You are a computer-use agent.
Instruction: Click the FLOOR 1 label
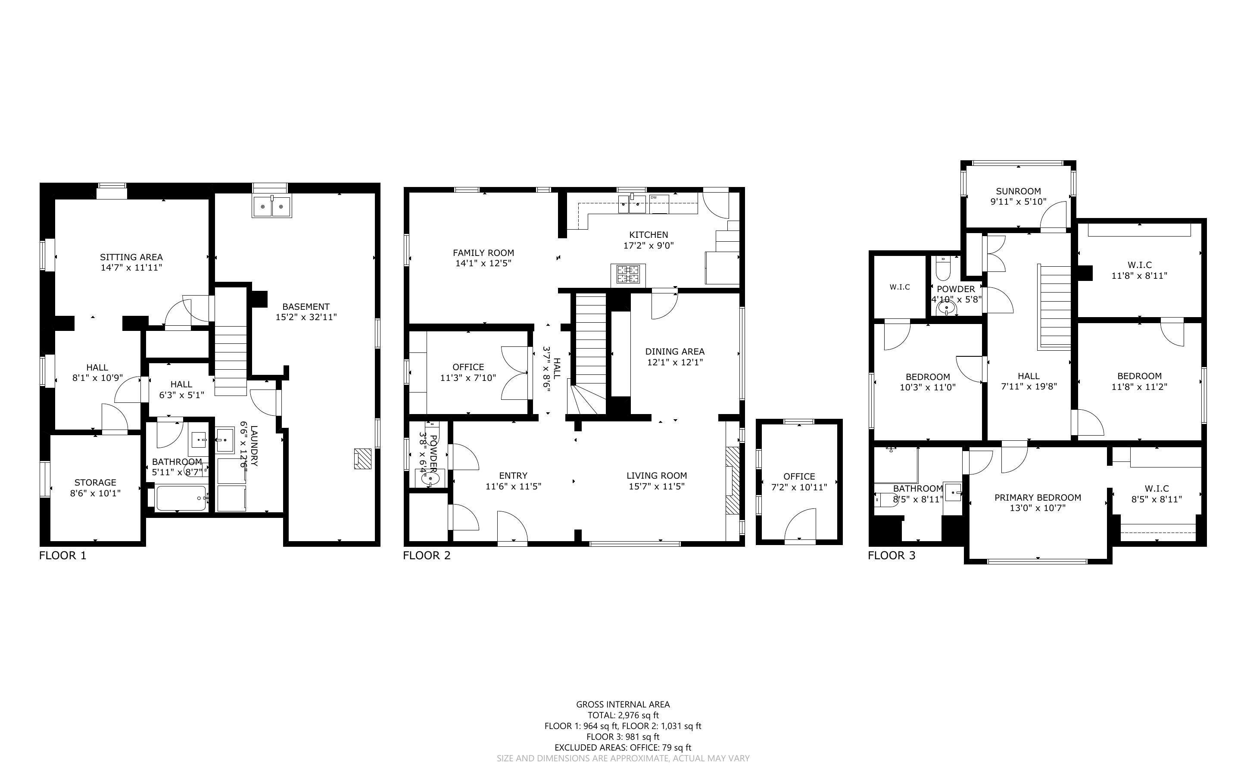(63, 555)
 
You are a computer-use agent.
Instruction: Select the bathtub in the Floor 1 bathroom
(181, 498)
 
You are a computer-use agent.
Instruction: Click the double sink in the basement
(271, 207)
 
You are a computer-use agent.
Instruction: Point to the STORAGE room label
(95, 483)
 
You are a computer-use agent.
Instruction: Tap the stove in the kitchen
(628, 274)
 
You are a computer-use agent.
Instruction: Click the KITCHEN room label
(648, 235)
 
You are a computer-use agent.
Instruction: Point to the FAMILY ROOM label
(483, 253)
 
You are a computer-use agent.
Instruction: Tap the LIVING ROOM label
(657, 476)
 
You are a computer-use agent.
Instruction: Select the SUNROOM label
(1018, 191)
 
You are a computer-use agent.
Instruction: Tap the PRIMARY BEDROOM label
(1037, 498)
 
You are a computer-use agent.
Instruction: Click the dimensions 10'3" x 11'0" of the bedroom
(928, 387)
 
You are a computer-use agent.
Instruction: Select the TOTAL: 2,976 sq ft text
(623, 715)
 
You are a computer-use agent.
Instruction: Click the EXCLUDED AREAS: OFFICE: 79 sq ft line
(623, 748)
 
